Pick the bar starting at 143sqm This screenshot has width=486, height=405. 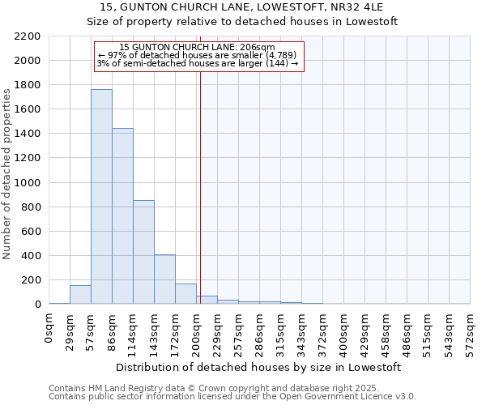pos(164,279)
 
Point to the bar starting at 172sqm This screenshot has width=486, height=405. pos(185,294)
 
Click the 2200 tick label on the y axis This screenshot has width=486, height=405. pos(28,36)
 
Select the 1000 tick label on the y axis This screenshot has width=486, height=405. pos(28,183)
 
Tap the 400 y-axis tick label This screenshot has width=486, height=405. pos(31,256)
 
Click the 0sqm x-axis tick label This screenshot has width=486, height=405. pos(49,329)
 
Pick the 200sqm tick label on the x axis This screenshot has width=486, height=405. pos(197,332)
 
